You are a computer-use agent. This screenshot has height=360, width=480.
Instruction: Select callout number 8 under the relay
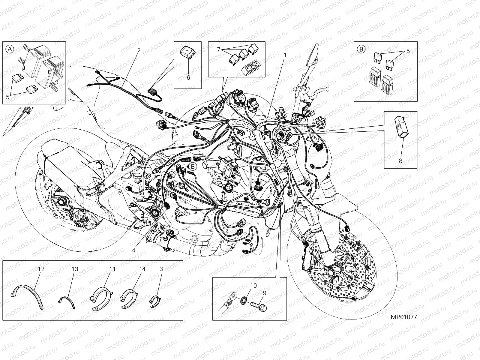pos(400,160)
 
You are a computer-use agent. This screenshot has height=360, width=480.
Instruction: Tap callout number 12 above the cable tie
pos(41,269)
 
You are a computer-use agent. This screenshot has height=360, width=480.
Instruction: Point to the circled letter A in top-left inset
pos(10,49)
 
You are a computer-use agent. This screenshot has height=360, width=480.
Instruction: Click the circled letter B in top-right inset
pos(361,49)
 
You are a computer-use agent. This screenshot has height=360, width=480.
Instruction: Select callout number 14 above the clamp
pos(142,269)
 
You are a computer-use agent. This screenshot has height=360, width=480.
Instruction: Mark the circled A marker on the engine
pos(219,178)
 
